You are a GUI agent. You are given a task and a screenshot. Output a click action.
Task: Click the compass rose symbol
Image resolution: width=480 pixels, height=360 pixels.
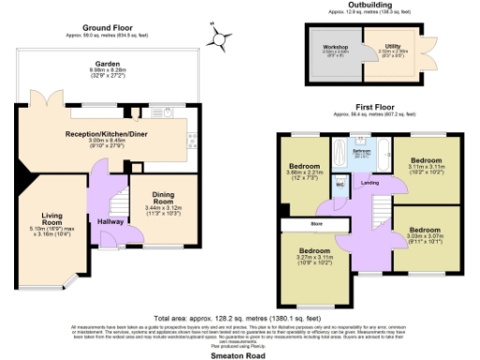pos(220,38)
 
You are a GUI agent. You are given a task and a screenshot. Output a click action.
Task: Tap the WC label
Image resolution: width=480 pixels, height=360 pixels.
pos(339,185)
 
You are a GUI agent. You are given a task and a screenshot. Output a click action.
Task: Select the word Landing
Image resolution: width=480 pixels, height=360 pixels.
pos(370,182)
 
